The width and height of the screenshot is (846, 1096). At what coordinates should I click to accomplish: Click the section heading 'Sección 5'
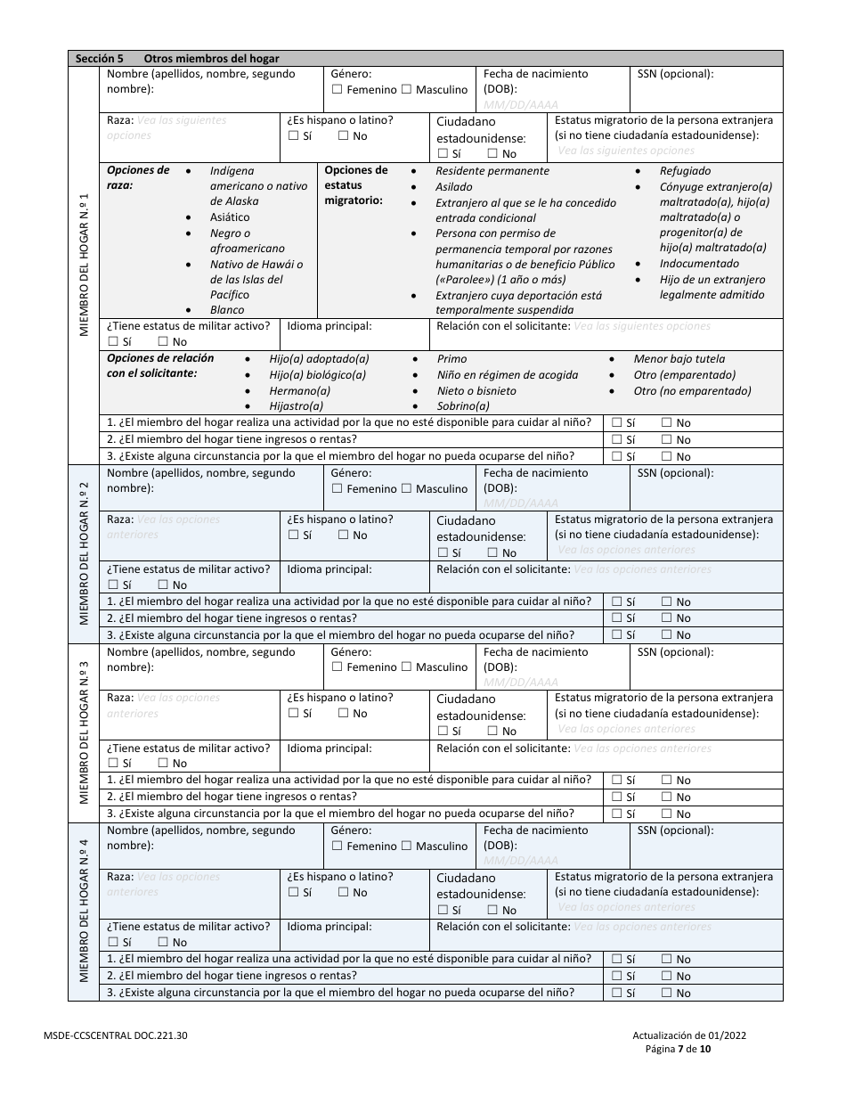tap(100, 58)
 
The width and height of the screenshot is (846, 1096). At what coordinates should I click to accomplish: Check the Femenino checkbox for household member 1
tap(337, 90)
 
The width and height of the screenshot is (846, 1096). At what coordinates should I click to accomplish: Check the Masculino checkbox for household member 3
tap(407, 667)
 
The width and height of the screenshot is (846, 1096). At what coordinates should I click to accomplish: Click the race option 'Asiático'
tap(230, 217)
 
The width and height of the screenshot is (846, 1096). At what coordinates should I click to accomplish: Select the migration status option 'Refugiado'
tap(685, 170)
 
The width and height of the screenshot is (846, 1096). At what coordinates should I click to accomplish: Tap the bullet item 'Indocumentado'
tap(699, 264)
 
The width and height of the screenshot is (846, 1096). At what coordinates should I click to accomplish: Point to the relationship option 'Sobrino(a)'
tap(463, 406)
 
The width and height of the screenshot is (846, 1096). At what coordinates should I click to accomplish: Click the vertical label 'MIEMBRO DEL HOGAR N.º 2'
tap(85, 553)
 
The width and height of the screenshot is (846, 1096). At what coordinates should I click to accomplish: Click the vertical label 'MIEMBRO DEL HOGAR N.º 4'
tap(85, 912)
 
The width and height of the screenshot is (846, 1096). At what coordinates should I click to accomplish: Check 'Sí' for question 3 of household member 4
tap(616, 994)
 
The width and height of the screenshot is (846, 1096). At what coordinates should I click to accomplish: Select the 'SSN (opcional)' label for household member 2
tap(675, 473)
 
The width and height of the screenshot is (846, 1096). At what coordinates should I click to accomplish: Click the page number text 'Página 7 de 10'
tap(678, 1049)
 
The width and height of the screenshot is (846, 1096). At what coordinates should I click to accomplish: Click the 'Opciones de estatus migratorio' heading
tap(356, 185)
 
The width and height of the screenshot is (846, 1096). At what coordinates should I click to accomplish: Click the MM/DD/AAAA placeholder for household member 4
tap(521, 861)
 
